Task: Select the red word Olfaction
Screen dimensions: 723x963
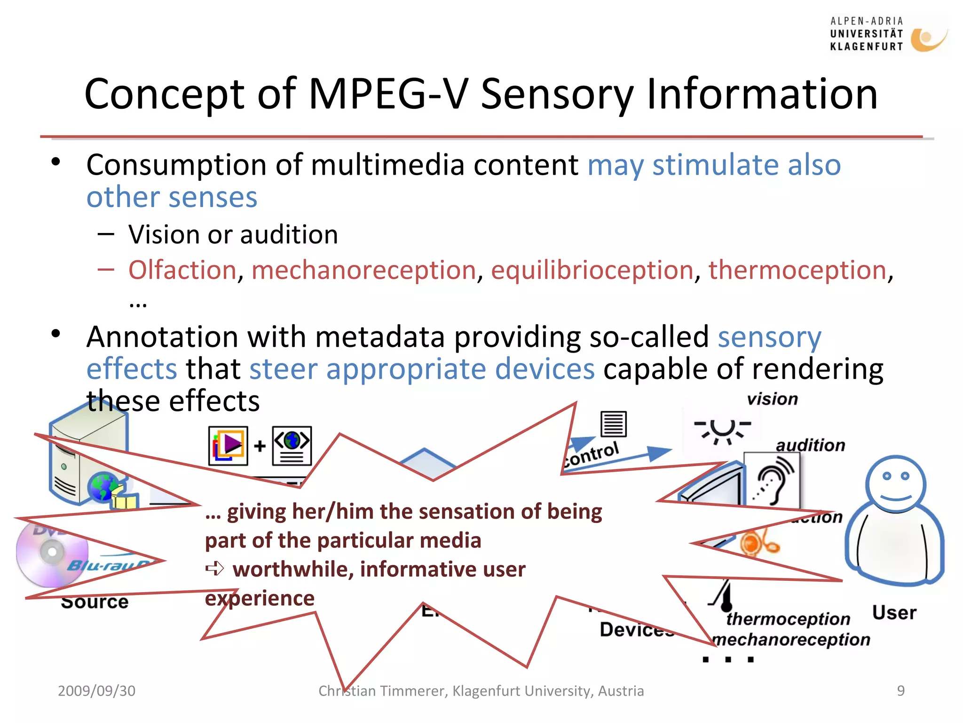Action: pyautogui.click(x=182, y=270)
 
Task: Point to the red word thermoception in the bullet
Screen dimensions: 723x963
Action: pyautogui.click(x=797, y=270)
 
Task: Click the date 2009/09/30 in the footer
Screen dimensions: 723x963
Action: pyautogui.click(x=96, y=691)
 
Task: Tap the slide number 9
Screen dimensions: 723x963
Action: pyautogui.click(x=900, y=691)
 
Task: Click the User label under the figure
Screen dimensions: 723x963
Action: pyautogui.click(x=894, y=613)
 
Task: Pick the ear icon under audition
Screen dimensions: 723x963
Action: pyautogui.click(x=774, y=480)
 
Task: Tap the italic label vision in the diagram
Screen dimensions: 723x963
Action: pyautogui.click(x=772, y=399)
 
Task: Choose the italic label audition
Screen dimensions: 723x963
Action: pyautogui.click(x=810, y=445)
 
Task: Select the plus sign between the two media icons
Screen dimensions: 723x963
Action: pyautogui.click(x=260, y=445)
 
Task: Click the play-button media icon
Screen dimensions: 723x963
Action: pyautogui.click(x=229, y=445)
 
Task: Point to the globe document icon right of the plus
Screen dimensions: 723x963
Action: pyautogui.click(x=292, y=445)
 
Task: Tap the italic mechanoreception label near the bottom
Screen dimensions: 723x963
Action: pyautogui.click(x=791, y=639)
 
